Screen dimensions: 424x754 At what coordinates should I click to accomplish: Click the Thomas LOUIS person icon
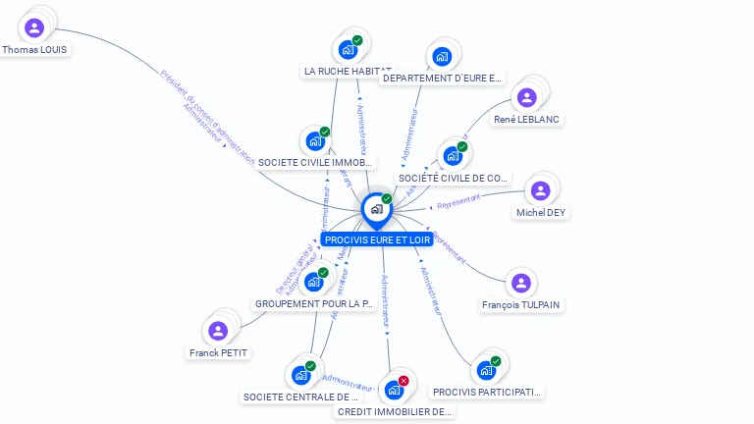[x=34, y=27]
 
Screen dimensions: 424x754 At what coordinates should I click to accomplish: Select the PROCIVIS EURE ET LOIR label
[x=378, y=239]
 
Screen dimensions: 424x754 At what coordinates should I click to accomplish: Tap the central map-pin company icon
[x=376, y=209]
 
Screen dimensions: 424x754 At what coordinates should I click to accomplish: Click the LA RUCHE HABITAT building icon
[x=348, y=49]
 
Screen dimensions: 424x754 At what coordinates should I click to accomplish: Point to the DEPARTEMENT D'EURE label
[x=442, y=79]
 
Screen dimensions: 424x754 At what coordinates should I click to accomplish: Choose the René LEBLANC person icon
[x=527, y=97]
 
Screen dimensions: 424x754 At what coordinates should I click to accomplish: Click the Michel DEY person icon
[x=540, y=190]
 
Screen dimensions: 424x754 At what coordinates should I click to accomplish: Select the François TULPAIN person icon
[x=521, y=283]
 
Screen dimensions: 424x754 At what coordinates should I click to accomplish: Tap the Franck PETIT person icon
[x=219, y=331]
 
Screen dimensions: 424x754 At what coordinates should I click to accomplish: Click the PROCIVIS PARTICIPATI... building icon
[x=485, y=370]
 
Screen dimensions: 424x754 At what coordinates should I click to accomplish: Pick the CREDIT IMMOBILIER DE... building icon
[x=394, y=390]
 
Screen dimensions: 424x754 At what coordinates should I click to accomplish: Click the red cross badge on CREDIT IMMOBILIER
[x=404, y=381]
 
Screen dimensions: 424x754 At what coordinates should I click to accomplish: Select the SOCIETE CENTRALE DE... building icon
[x=300, y=375]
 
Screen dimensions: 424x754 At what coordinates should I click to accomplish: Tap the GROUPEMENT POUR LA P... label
[x=314, y=304]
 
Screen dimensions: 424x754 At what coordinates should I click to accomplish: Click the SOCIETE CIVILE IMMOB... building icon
[x=315, y=141]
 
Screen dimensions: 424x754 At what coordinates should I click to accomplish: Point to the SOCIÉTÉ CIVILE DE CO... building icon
[x=453, y=156]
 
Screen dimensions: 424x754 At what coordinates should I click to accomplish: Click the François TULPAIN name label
[x=521, y=305]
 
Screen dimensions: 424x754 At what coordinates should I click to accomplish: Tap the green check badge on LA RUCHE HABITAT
[x=357, y=41]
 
